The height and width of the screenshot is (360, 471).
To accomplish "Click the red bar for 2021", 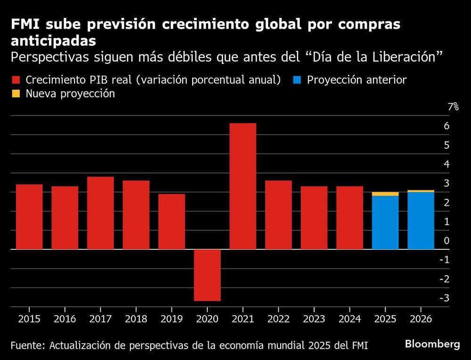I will coord(243,186).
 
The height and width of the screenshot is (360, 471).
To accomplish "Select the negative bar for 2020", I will coord(207,275).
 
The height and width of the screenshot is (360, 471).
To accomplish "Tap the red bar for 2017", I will coord(100,213).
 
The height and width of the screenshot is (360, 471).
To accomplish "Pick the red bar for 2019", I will coord(171,221).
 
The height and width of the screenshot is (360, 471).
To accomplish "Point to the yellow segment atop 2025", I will coord(385,194).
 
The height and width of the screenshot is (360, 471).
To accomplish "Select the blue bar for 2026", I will coord(421,221).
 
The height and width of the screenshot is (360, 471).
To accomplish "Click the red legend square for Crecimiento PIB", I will coord(16,80).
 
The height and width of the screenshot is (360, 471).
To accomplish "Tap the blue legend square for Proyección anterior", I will coord(297,80).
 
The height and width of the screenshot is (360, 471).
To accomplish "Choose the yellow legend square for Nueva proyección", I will coord(16,93).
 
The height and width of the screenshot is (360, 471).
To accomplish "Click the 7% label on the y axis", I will coord(453,107).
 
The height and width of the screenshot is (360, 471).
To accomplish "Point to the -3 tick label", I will coord(444,298).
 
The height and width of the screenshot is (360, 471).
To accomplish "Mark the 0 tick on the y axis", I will coord(447,241).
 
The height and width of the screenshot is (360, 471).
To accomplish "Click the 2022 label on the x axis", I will coord(278,319).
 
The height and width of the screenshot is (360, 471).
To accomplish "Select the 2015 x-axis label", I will coord(29,319).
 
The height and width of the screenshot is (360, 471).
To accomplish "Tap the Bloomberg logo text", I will coord(432,344).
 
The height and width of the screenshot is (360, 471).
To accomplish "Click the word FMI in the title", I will coord(26,25).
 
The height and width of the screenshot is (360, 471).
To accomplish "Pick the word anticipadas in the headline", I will coord(54,41).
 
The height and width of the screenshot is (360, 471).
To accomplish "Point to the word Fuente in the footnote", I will coord(26,345).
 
